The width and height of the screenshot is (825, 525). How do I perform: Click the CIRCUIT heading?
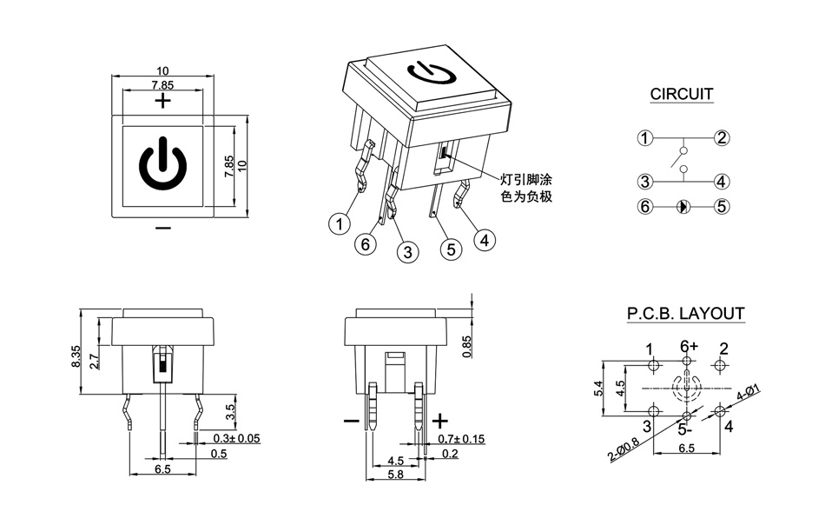(682, 94)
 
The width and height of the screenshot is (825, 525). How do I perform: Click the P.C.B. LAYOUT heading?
(686, 314)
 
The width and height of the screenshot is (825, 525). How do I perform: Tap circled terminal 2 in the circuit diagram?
(722, 137)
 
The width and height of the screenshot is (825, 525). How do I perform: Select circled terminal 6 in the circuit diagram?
(644, 207)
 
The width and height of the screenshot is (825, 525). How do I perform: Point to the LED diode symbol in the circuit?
(683, 207)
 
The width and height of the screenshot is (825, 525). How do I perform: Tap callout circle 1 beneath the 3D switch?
(339, 224)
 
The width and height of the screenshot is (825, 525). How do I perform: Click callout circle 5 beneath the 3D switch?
(449, 250)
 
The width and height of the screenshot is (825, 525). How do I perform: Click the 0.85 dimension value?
(466, 347)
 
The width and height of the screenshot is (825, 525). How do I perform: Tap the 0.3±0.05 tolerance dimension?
(236, 439)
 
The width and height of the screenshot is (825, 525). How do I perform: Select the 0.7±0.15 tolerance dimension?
(461, 439)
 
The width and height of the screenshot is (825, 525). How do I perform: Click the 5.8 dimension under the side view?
(395, 475)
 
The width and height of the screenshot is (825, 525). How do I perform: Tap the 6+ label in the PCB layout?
(689, 346)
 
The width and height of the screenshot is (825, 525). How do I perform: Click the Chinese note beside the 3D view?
(527, 189)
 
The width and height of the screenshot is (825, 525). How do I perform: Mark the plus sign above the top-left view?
(162, 101)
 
